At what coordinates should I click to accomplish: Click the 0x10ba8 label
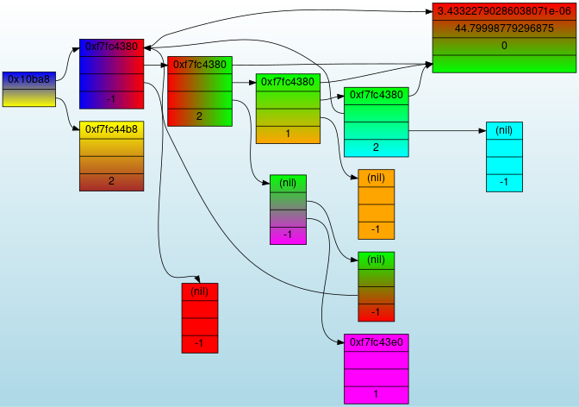(28, 79)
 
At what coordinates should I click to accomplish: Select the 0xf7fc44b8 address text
(111, 129)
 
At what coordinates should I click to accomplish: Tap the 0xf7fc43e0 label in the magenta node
(376, 342)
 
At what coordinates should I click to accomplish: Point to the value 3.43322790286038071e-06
(503, 11)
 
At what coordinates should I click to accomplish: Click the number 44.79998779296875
(503, 28)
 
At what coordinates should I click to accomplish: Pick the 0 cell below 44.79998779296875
(503, 46)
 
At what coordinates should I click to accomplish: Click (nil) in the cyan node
(504, 130)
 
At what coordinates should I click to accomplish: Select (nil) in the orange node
(376, 178)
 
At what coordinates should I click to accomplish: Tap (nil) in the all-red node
(199, 291)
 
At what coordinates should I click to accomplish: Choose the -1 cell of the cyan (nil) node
(504, 182)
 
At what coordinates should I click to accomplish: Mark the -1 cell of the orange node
(376, 229)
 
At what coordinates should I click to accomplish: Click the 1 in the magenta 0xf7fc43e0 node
(376, 394)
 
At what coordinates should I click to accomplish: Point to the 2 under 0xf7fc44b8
(111, 181)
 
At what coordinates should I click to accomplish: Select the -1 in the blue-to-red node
(111, 99)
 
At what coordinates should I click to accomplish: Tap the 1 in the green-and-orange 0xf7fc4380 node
(288, 134)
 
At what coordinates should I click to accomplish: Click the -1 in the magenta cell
(288, 235)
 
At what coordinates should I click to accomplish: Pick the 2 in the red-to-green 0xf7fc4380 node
(199, 116)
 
